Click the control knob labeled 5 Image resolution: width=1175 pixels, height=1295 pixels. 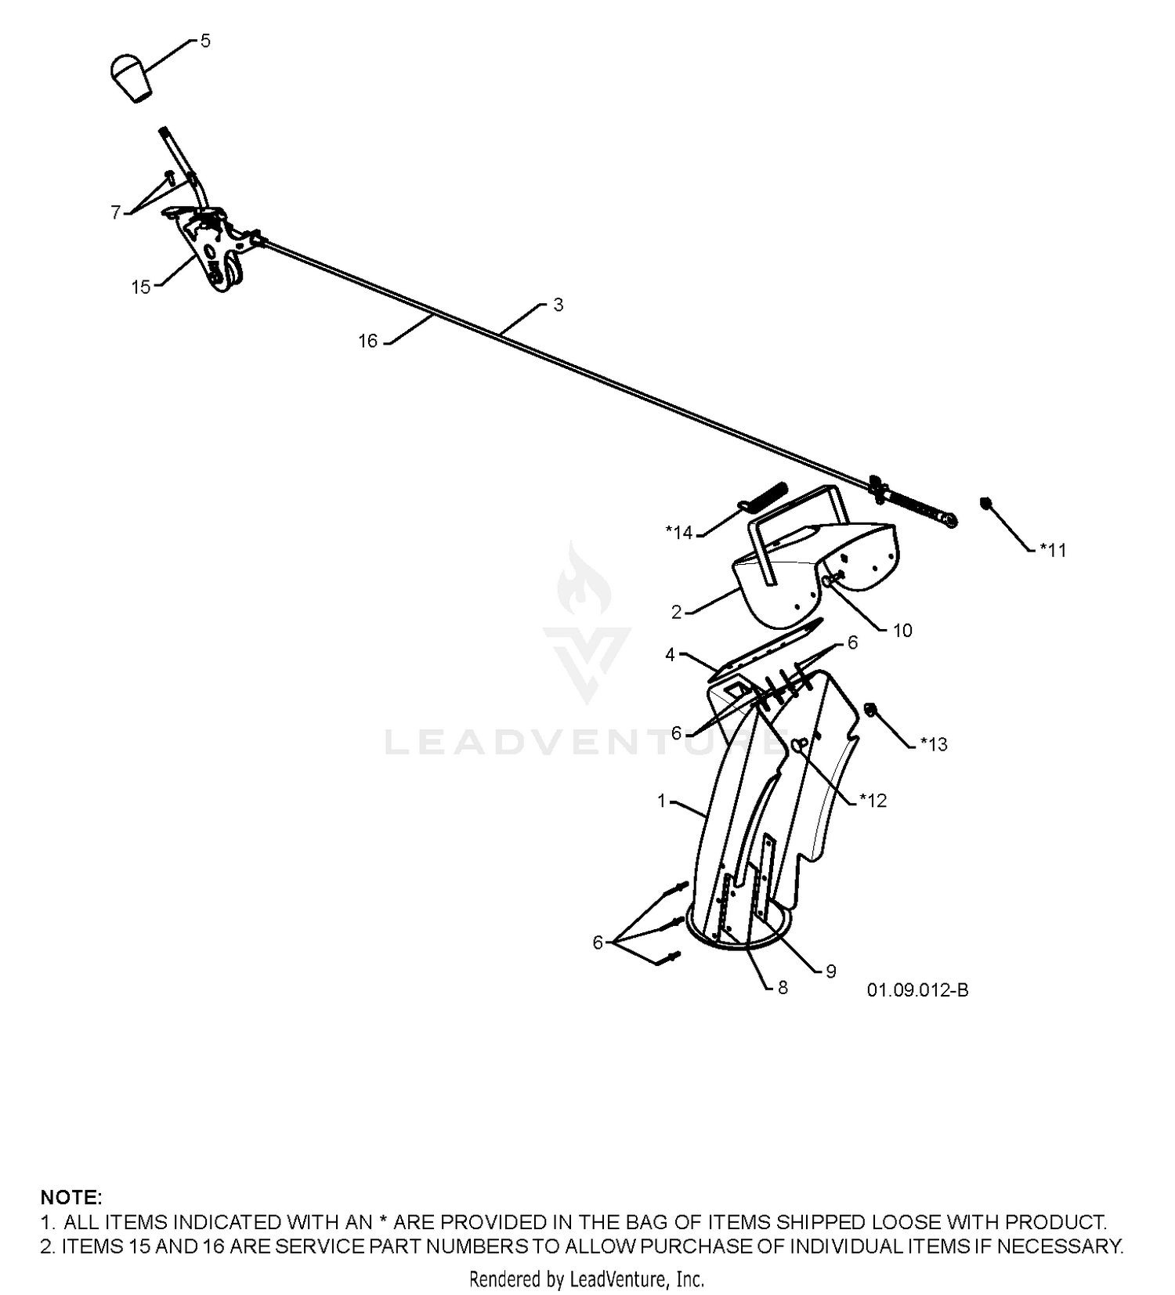point(130,78)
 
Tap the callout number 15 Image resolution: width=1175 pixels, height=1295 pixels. point(141,288)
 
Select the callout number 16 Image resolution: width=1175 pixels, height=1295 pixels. point(368,341)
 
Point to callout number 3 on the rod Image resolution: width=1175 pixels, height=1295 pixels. point(559,305)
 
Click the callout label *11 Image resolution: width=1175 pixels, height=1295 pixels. point(1054,550)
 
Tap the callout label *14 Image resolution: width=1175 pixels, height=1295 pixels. point(679,533)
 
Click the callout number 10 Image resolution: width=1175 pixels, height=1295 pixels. point(902,631)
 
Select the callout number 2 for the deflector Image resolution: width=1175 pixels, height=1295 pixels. point(677,613)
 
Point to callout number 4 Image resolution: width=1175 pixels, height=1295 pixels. point(670,654)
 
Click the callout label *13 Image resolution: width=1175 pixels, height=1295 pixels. point(934,744)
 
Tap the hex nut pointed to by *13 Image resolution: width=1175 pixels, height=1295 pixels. point(870,711)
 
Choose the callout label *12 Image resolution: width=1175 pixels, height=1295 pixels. point(873,800)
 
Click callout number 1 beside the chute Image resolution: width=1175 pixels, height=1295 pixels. point(662,801)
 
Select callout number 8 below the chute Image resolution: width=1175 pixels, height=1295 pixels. point(783,988)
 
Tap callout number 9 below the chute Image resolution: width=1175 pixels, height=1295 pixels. point(831,971)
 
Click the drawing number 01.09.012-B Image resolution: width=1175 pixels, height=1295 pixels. point(917,990)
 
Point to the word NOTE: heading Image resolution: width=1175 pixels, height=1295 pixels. point(71,1197)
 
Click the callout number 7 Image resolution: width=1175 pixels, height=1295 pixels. point(116,212)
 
